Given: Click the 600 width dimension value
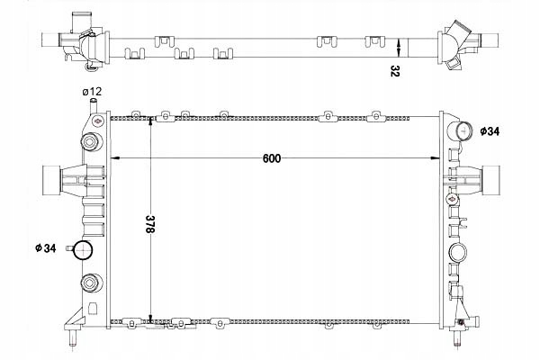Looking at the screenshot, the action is (x=272, y=158).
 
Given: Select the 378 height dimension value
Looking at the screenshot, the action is (x=149, y=224).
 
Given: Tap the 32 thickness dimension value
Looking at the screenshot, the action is (x=395, y=71).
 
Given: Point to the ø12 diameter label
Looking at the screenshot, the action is (x=92, y=92).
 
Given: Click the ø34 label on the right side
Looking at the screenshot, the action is (x=490, y=131).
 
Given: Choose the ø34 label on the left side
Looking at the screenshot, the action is (x=46, y=248).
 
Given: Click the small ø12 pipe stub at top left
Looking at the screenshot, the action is (x=94, y=106).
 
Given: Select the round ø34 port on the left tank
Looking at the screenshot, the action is (x=84, y=250).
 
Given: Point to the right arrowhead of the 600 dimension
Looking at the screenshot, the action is (x=436, y=158).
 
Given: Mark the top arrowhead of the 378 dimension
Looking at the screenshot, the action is (x=150, y=121).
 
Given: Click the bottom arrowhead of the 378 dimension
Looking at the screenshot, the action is (x=150, y=318).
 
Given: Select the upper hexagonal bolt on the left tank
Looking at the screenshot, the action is (x=90, y=142).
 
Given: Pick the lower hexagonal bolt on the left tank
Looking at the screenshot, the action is (x=90, y=283).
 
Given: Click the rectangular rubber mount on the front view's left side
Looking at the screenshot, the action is (x=51, y=180).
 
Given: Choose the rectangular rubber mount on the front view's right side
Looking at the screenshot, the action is (x=490, y=180).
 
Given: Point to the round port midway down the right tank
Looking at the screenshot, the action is (x=458, y=253).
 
